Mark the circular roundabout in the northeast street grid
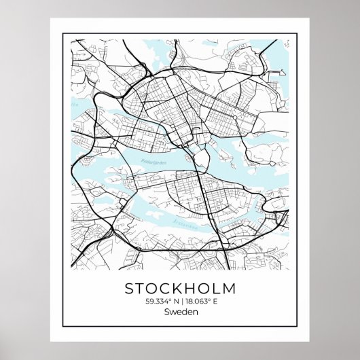[234, 118]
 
